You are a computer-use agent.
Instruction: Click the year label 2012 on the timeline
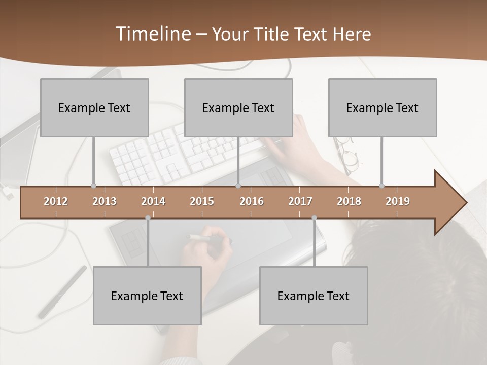(56, 201)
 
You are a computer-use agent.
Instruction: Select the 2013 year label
(105, 201)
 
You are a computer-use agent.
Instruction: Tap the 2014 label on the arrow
(153, 201)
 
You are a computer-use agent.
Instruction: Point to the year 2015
(202, 201)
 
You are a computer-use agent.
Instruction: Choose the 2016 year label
(252, 201)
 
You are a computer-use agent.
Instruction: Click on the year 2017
(300, 201)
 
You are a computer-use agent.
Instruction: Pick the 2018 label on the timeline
(349, 201)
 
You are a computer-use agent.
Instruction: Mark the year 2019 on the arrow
(398, 201)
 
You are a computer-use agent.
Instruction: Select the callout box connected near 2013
(94, 107)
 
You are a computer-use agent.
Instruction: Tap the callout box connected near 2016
(238, 107)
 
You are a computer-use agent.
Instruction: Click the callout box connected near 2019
(382, 107)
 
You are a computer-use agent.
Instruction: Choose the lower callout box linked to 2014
(147, 296)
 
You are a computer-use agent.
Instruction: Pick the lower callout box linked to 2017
(314, 296)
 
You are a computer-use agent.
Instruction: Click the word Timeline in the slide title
(153, 33)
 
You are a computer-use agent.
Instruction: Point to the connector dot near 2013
(93, 186)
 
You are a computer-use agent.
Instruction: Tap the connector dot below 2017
(314, 218)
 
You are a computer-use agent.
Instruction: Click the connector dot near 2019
(381, 186)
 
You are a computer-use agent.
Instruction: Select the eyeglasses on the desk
(347, 155)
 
